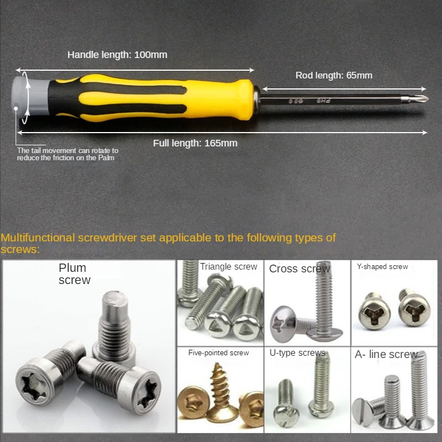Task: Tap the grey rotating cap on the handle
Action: (31, 96)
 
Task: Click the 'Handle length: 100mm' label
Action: (117, 55)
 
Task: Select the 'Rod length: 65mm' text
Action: (334, 75)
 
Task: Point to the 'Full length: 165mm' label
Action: (195, 143)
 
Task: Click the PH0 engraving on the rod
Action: (323, 101)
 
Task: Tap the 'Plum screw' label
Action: (75, 273)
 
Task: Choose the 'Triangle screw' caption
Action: (228, 267)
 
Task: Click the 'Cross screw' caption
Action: (299, 269)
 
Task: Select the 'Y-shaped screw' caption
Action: (382, 267)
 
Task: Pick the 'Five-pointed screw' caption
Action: (218, 352)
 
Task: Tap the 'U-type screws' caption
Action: (297, 352)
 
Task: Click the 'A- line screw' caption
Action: (386, 354)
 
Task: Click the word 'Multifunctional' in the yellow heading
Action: (38, 238)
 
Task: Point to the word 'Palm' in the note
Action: (106, 157)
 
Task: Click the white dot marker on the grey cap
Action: (16, 108)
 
